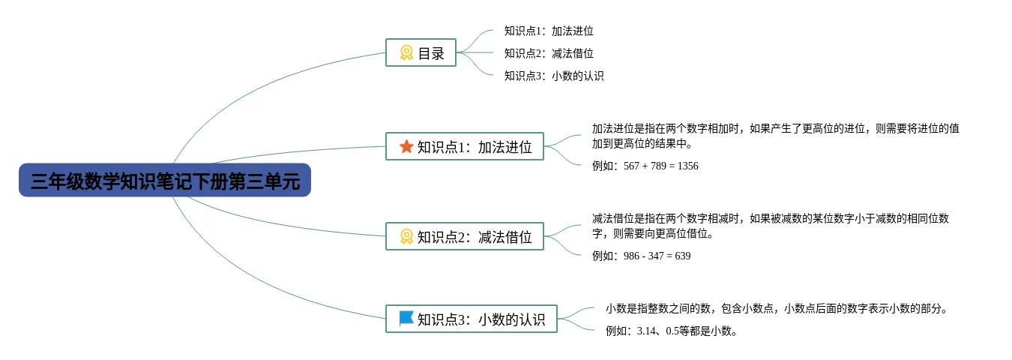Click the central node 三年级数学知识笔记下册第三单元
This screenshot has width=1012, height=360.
tap(164, 181)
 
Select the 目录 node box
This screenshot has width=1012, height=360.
tap(421, 52)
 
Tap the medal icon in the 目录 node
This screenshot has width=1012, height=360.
tap(406, 52)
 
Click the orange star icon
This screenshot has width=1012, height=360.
tap(406, 146)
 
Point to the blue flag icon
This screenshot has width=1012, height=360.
tap(406, 319)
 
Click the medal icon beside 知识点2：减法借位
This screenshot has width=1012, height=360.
tap(406, 236)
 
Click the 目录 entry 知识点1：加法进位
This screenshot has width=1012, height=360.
tap(549, 31)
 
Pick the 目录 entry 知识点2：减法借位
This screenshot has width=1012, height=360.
tap(549, 53)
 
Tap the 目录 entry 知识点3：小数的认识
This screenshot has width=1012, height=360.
tap(554, 76)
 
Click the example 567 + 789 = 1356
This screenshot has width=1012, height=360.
tap(645, 166)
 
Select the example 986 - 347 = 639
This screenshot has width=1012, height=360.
tap(641, 256)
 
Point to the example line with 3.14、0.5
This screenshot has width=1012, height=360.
tap(672, 331)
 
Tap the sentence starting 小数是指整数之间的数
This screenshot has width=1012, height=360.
tap(777, 308)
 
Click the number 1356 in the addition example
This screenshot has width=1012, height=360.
tap(687, 166)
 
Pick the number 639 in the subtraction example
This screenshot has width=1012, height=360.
tap(682, 256)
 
